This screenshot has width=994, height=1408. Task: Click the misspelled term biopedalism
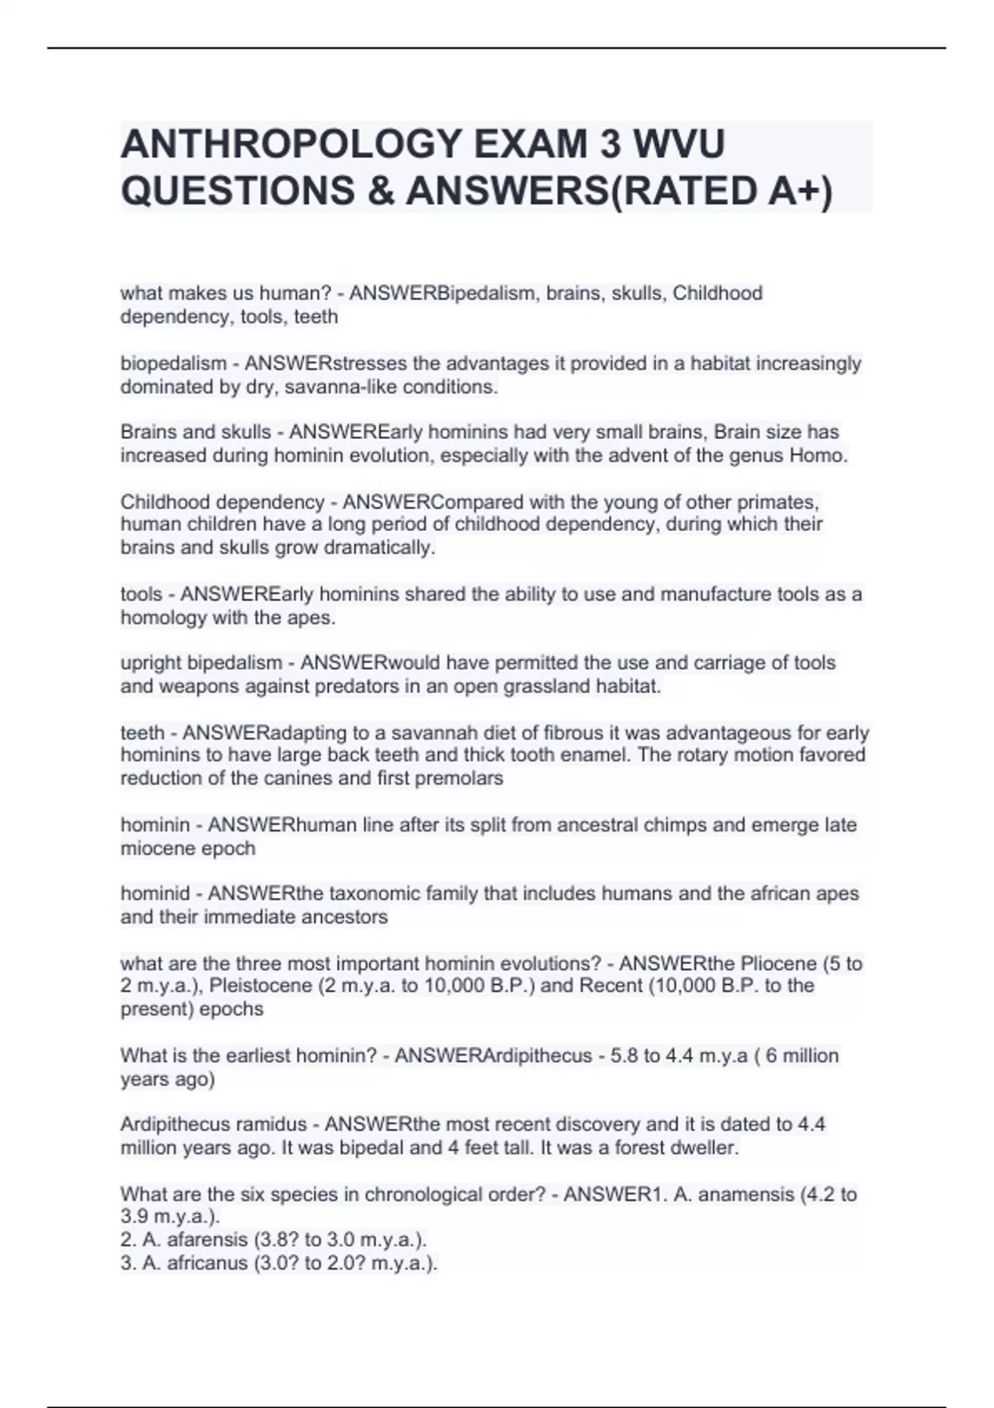(173, 364)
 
